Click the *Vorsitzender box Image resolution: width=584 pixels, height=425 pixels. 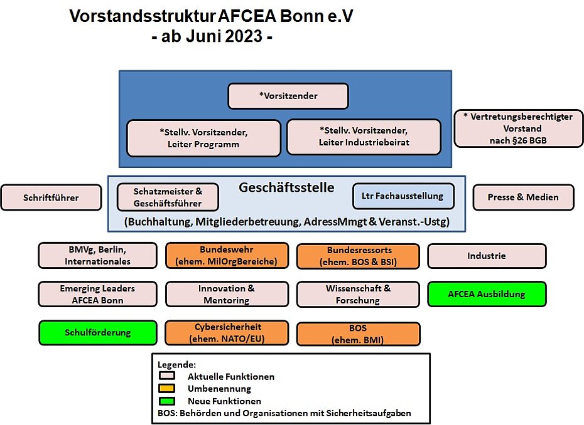point(288,96)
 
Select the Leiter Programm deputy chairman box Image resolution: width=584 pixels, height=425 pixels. point(203,139)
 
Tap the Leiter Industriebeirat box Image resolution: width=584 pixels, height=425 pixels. point(364,137)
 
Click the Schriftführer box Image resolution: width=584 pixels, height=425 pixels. point(51,197)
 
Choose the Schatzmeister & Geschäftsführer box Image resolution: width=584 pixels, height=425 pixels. point(168,197)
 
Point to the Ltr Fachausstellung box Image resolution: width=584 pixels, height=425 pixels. point(403,196)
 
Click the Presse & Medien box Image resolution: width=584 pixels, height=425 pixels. point(523,197)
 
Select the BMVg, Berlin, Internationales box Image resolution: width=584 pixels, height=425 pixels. point(97,256)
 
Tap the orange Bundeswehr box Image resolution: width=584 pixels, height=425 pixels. point(227,256)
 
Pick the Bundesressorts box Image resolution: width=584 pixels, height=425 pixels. point(359,256)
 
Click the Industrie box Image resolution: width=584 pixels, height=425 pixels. point(487,256)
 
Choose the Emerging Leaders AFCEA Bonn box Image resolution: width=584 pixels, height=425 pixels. point(97,294)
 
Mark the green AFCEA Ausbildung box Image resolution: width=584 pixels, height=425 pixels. point(487,294)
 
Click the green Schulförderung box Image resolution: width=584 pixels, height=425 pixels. point(98,332)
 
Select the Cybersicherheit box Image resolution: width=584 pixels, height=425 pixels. point(227,333)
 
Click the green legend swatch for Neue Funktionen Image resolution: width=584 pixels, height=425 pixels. point(167,401)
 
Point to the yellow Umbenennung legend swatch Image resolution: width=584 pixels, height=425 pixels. point(167,388)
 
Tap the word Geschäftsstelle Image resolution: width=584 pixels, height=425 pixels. point(286,187)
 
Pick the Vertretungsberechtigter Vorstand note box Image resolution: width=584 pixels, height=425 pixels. point(519,129)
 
